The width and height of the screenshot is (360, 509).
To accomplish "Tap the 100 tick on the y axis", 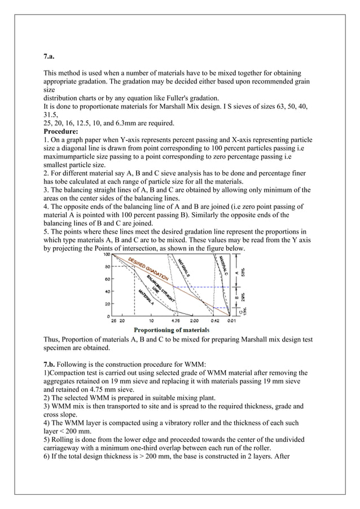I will coord(106,255).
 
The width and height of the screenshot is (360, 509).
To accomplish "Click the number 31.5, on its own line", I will coord(53,113).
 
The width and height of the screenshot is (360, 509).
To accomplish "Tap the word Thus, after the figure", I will coord(54,340).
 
